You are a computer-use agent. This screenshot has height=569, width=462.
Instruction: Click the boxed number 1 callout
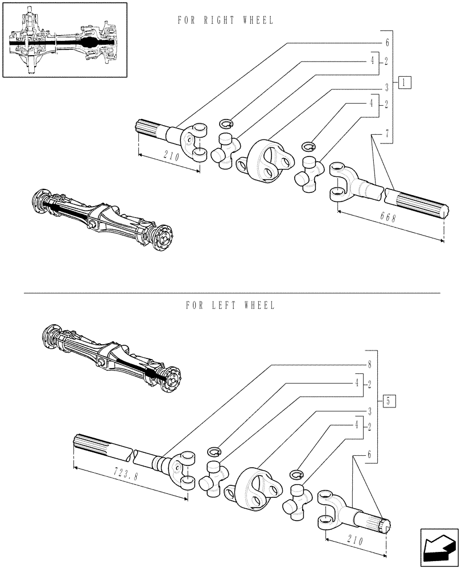[404, 82]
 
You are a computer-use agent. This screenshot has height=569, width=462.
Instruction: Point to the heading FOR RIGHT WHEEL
[225, 20]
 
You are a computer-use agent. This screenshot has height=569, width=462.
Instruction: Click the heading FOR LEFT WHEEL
[230, 306]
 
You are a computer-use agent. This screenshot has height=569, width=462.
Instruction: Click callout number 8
[370, 364]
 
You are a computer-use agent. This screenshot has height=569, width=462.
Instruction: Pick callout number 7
[386, 134]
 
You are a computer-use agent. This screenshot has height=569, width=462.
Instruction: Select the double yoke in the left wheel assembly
[256, 489]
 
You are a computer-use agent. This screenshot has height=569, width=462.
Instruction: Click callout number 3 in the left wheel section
[370, 410]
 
